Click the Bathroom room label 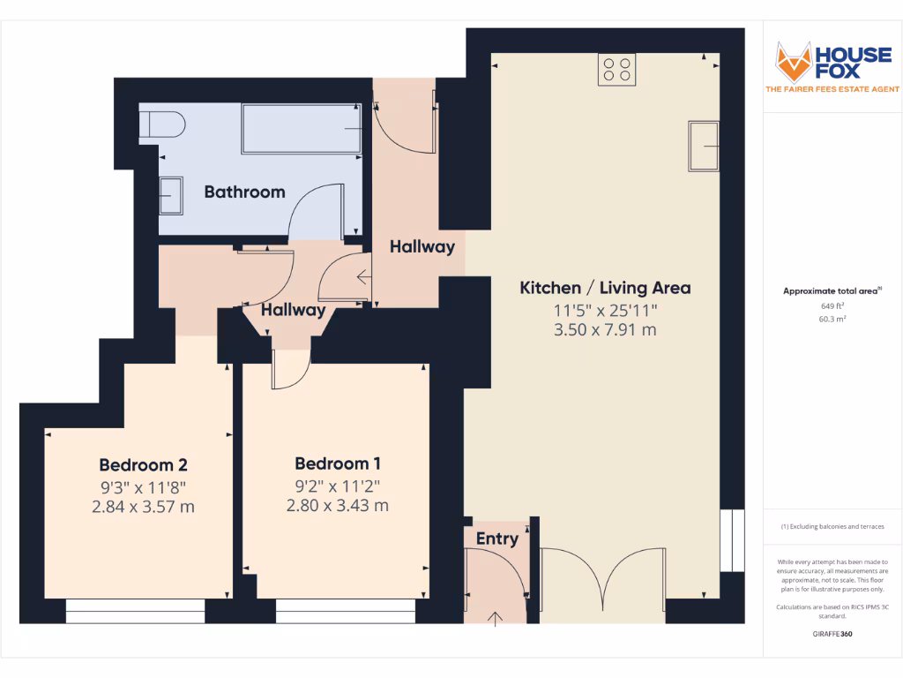coord(245,192)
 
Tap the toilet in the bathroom coord(162,124)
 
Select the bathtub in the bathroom coord(302,129)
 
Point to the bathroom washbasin coord(170,195)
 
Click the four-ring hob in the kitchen coord(616,70)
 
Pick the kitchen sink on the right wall coord(704,147)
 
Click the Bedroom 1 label coord(338,463)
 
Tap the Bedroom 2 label coord(144,465)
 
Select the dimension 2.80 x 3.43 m coord(338,506)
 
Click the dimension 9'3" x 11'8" coord(144,487)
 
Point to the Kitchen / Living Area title coord(605,288)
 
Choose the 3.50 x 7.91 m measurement coord(605,330)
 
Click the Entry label coord(497,539)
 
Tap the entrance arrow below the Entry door coord(496,619)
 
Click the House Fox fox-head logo coord(793,63)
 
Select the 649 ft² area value coord(832,306)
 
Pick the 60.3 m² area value coord(832,319)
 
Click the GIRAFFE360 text coord(832,634)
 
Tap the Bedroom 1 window coord(346,611)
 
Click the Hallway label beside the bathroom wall coord(422,247)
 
